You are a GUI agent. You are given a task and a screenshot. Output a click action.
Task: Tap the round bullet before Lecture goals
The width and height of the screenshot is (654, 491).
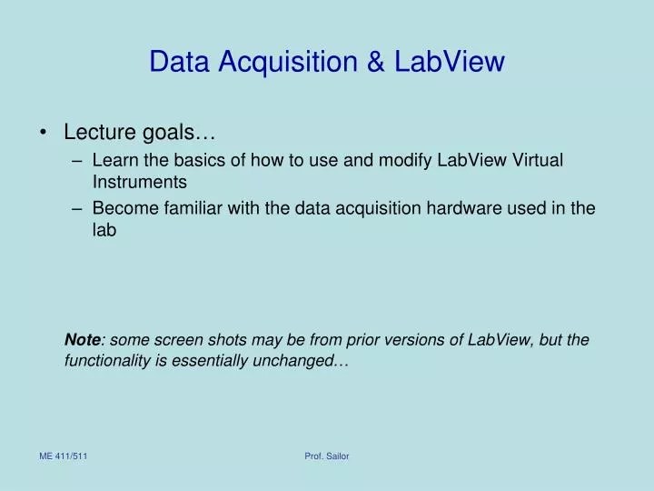45,133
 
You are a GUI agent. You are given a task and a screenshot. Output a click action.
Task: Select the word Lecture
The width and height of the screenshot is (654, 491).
100,133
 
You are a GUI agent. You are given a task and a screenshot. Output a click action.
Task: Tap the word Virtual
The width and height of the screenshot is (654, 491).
539,160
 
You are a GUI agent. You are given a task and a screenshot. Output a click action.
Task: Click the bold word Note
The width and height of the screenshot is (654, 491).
82,340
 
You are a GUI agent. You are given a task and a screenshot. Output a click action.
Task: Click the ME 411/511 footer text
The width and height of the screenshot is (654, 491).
63,456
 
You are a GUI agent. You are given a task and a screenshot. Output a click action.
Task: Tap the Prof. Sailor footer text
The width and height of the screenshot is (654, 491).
327,456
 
